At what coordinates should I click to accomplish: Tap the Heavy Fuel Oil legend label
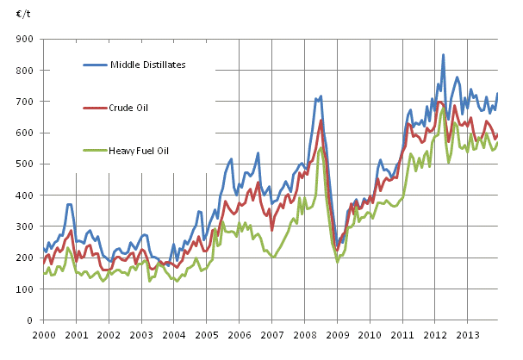click(x=140, y=151)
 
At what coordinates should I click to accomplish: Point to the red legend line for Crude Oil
click(x=95, y=107)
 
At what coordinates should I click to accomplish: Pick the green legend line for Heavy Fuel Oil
click(x=95, y=151)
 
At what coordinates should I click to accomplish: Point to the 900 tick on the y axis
click(x=24, y=40)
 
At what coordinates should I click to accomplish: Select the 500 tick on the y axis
click(x=24, y=164)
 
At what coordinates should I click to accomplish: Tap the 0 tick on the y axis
click(x=29, y=320)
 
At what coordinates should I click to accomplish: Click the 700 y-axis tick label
click(x=24, y=102)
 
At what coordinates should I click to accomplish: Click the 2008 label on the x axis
click(x=306, y=333)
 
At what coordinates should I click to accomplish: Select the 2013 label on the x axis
click(x=468, y=333)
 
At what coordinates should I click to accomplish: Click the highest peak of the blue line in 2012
click(x=444, y=55)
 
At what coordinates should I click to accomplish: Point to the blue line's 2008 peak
click(x=321, y=96)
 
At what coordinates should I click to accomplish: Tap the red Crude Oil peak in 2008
click(x=321, y=120)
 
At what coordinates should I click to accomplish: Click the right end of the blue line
click(x=497, y=93)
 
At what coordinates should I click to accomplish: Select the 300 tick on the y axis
click(x=24, y=227)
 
